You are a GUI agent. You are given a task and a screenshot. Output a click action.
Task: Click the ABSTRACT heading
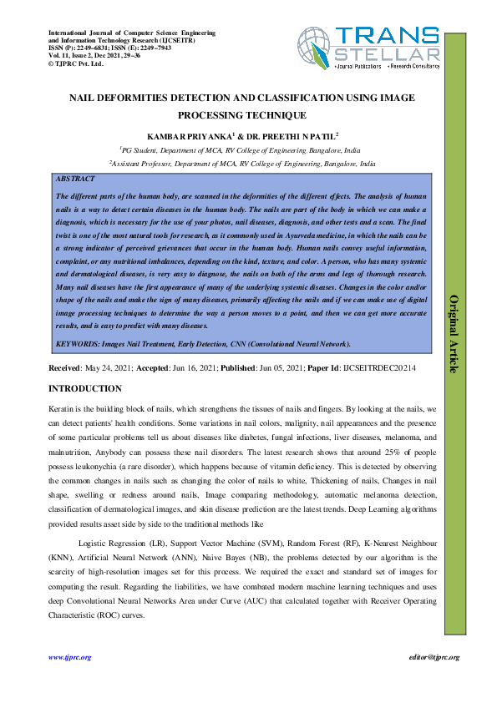(x=74, y=179)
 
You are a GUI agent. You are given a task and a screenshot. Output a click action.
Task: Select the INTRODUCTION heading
(x=85, y=388)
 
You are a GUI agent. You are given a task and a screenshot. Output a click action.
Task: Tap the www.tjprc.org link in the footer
(x=69, y=658)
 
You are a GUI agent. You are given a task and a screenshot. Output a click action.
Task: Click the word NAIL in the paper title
(x=87, y=98)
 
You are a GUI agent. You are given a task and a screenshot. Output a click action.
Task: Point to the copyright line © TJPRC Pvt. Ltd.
(x=75, y=63)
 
